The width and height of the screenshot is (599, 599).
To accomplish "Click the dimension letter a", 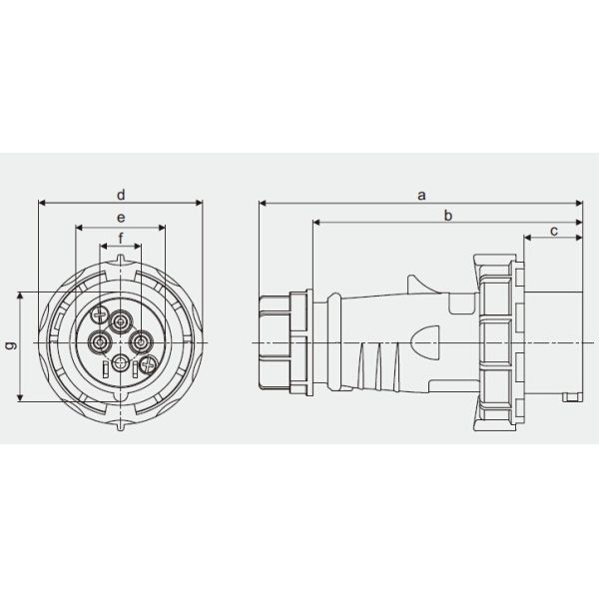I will (422, 195).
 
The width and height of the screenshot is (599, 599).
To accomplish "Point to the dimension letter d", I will (121, 194).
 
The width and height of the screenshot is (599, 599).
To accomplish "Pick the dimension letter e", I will (121, 217).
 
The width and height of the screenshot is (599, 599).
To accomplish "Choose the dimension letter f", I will (121, 238).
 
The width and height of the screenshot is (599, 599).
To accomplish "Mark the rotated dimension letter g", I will (10, 345).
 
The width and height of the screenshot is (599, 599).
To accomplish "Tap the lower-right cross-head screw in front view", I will (146, 366).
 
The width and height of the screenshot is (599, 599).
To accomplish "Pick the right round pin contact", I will (141, 342).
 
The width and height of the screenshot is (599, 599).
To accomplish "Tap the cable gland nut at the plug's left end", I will (274, 341).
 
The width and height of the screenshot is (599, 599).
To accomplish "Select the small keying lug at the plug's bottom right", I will (571, 399).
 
